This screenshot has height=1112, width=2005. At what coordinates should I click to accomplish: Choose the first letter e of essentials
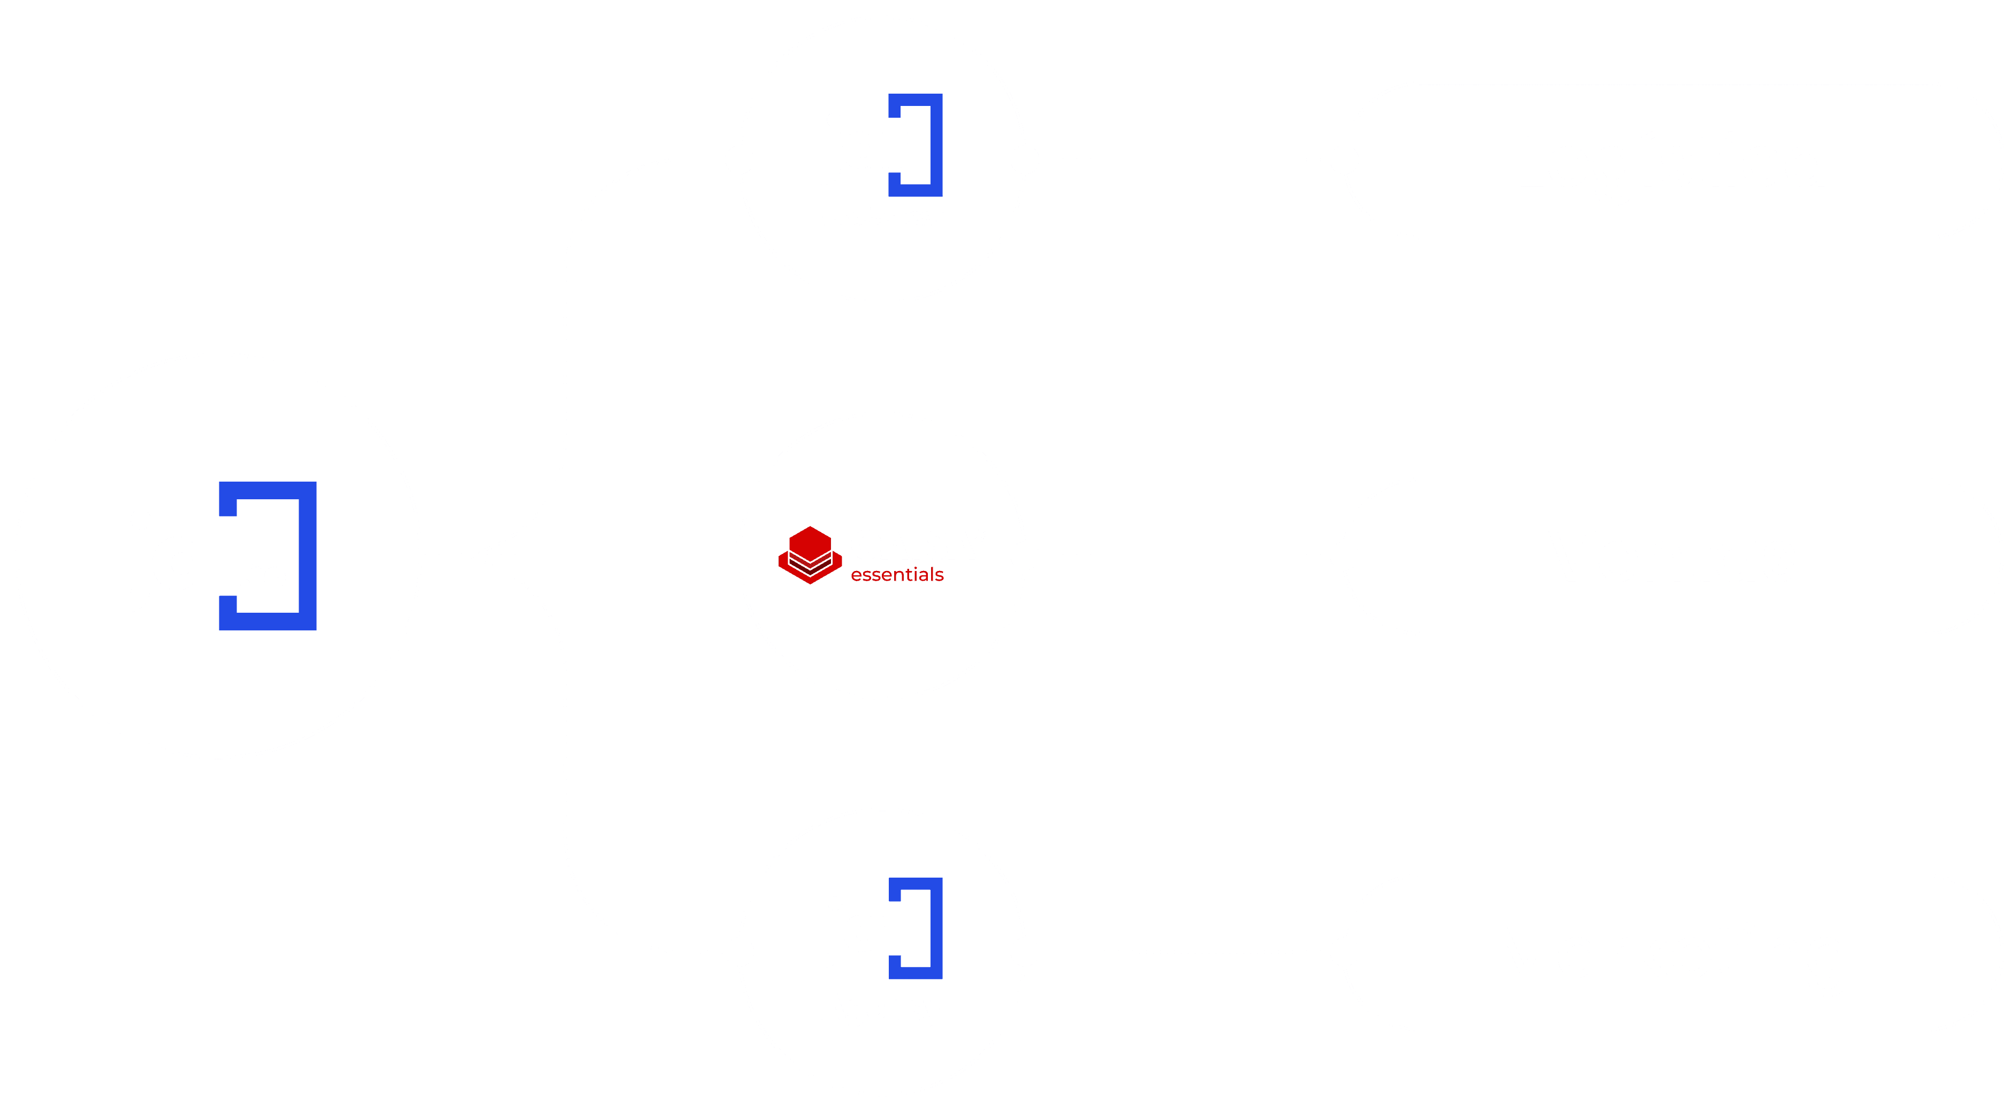[x=856, y=577]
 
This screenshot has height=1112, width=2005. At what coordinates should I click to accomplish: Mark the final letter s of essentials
[x=940, y=577]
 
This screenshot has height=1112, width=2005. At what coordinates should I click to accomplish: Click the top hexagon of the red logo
[x=810, y=543]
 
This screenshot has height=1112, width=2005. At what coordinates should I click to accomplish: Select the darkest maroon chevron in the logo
[x=810, y=569]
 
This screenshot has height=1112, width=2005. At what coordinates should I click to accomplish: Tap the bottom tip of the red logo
[x=810, y=584]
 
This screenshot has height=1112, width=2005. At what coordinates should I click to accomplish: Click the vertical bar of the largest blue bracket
[x=308, y=555]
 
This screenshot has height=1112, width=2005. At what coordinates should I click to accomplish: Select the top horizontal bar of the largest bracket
[x=268, y=490]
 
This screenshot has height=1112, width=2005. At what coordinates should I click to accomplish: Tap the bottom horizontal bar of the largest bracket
[x=268, y=621]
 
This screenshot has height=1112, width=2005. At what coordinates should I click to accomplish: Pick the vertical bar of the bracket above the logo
[x=937, y=146]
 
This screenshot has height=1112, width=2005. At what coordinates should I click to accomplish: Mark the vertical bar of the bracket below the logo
[x=937, y=928]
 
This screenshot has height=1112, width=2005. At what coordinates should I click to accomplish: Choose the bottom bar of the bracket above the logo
[x=916, y=191]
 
